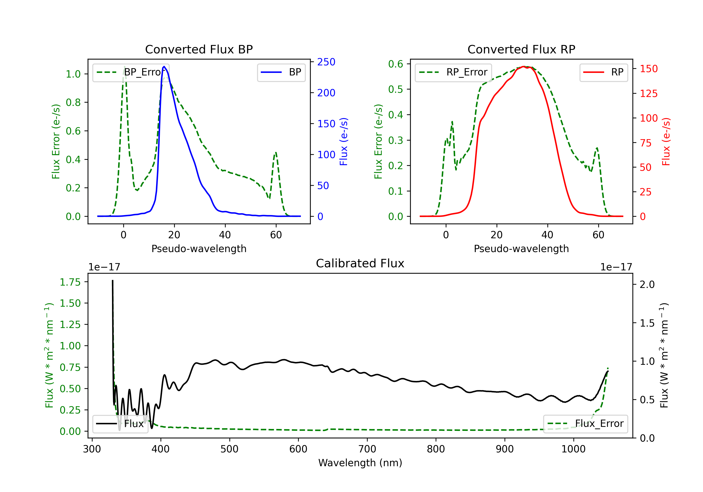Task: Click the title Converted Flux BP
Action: click(199, 49)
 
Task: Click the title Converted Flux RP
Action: click(521, 49)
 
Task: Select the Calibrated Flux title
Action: click(360, 263)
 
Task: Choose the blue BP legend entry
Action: click(281, 72)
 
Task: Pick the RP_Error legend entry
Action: click(453, 72)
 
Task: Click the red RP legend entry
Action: click(603, 72)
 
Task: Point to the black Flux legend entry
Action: click(120, 424)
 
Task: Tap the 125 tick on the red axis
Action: click(648, 93)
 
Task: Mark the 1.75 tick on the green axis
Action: click(70, 282)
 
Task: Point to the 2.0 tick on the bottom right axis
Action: click(647, 284)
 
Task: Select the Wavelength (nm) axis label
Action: click(360, 463)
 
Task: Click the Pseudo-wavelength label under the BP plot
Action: click(199, 249)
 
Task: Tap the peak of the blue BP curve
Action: click(164, 67)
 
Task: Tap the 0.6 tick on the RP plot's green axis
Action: click(396, 64)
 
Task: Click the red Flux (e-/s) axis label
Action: click(666, 142)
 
